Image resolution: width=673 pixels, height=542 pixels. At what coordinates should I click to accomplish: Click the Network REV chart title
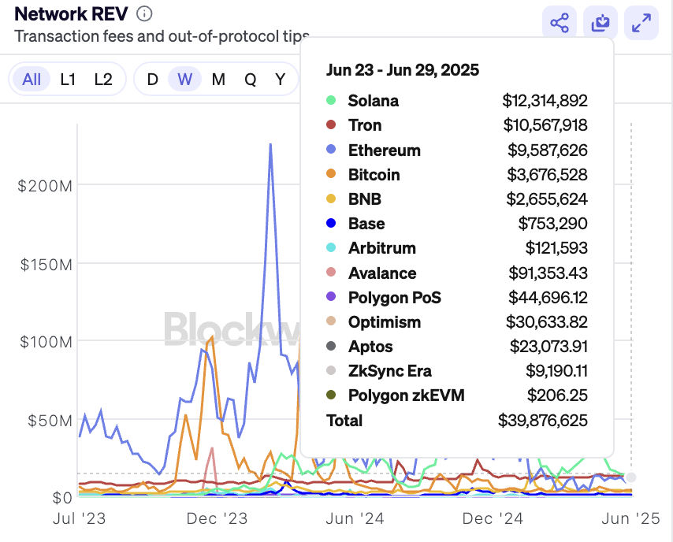(71, 14)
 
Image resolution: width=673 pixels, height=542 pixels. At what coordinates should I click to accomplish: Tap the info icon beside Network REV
(144, 14)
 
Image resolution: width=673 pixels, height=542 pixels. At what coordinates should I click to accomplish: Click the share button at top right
(560, 24)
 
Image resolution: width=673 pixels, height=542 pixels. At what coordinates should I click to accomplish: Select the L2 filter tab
(103, 79)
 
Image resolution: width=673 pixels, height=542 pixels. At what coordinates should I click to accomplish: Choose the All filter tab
(32, 79)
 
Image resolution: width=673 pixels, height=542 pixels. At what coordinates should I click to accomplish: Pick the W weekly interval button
(184, 79)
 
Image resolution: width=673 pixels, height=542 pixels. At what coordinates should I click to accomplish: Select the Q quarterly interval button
(250, 79)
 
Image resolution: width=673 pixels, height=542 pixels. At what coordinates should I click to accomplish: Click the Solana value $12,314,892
(545, 101)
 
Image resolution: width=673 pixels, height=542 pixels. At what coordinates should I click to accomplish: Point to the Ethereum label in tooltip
(384, 150)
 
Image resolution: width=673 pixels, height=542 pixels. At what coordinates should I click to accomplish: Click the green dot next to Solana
(331, 101)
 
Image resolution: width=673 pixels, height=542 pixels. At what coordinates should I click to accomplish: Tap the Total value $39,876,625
(542, 420)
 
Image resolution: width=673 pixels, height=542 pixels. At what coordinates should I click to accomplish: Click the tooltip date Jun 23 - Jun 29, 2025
(402, 70)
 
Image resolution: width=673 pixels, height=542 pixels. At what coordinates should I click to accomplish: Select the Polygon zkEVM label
(406, 395)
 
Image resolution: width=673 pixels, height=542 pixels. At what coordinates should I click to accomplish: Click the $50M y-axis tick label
(47, 420)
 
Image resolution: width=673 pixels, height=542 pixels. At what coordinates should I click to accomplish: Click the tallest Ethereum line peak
(270, 145)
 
